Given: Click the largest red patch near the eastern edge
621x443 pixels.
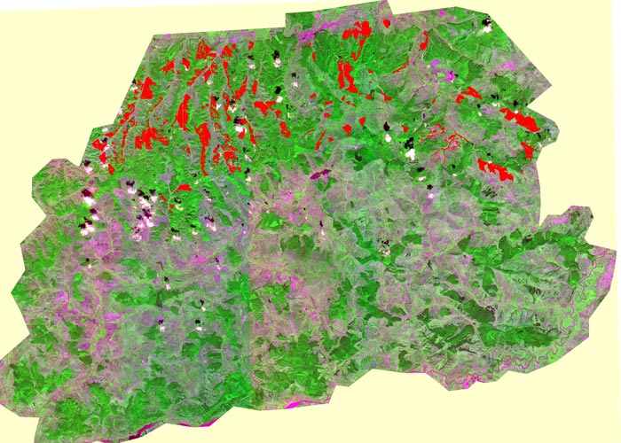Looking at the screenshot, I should coord(522,120).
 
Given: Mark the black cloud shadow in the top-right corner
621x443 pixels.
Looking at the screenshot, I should coord(483,19).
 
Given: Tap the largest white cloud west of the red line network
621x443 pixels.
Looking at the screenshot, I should coord(410,154).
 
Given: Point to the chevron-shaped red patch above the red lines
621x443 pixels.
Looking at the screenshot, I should coord(467,96).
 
